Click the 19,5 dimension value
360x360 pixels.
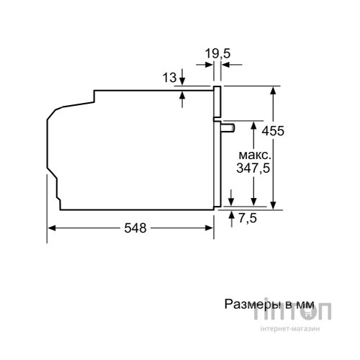tap(217, 53)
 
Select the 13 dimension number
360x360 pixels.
tap(169, 78)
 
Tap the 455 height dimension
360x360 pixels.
tap(273, 131)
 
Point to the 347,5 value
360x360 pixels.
tap(253, 168)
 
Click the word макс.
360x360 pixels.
tap(255, 156)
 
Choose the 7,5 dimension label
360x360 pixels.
tap(248, 218)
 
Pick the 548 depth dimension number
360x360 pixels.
tap(135, 228)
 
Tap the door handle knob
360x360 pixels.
tap(228, 128)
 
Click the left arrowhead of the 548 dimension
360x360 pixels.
tap(52, 228)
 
